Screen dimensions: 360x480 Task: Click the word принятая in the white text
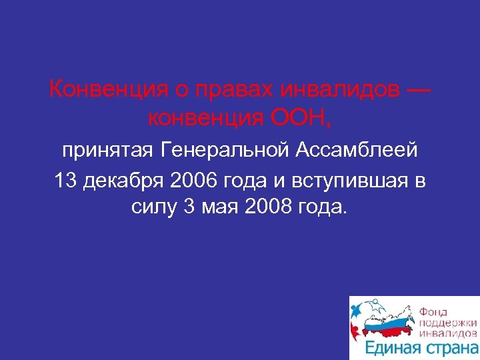[107, 151]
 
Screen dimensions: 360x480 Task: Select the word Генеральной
[223, 151]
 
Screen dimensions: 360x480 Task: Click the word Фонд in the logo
[433, 311]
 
